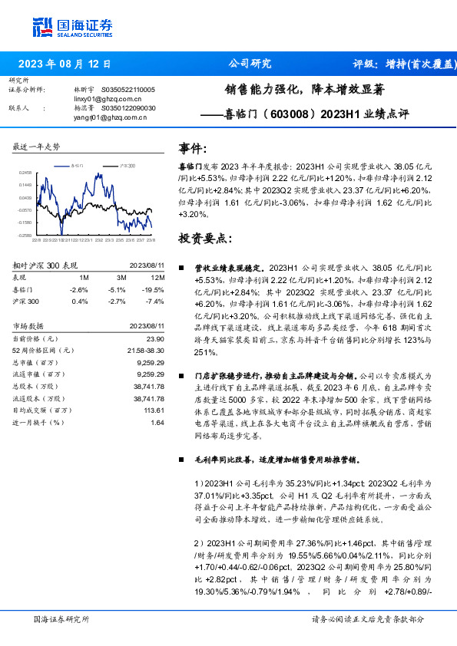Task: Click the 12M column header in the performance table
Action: coord(158,277)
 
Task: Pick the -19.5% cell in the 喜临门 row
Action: coord(154,290)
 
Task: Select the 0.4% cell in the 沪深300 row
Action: coord(80,302)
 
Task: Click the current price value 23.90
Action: coord(155,338)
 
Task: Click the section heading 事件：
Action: coord(193,148)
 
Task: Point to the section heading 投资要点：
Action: coord(204,239)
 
